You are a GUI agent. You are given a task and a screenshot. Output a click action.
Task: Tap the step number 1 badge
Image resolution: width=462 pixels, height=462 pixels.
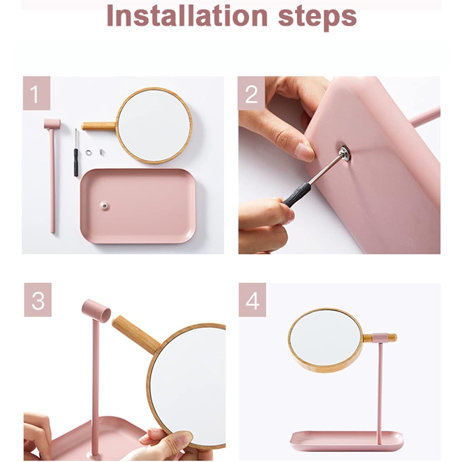pos(36,94)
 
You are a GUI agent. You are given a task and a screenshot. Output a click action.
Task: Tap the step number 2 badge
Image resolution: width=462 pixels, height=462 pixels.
pos(251,94)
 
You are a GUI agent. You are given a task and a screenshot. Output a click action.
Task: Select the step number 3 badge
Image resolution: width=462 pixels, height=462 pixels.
pos(38,300)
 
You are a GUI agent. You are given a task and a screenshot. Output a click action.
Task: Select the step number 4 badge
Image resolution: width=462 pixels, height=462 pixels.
pos(252,300)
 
